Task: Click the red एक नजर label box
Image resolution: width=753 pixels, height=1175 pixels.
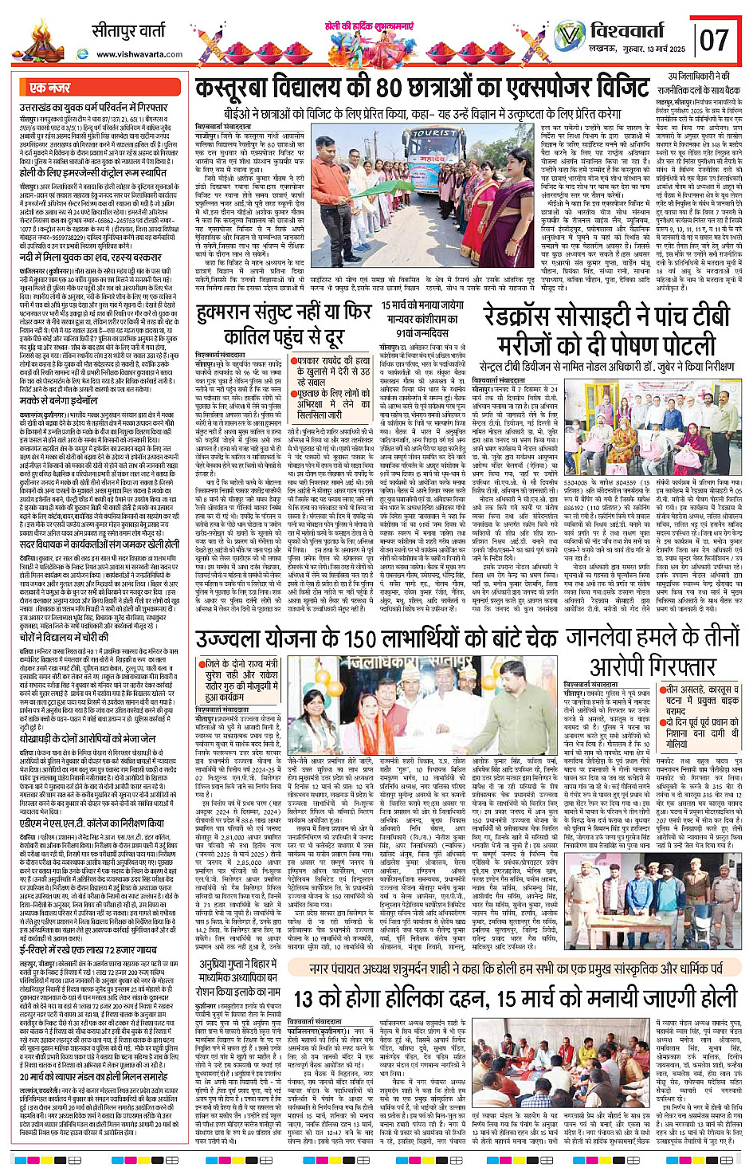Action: click(50, 88)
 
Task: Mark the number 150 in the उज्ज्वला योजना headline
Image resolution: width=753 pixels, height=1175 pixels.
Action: click(364, 640)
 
